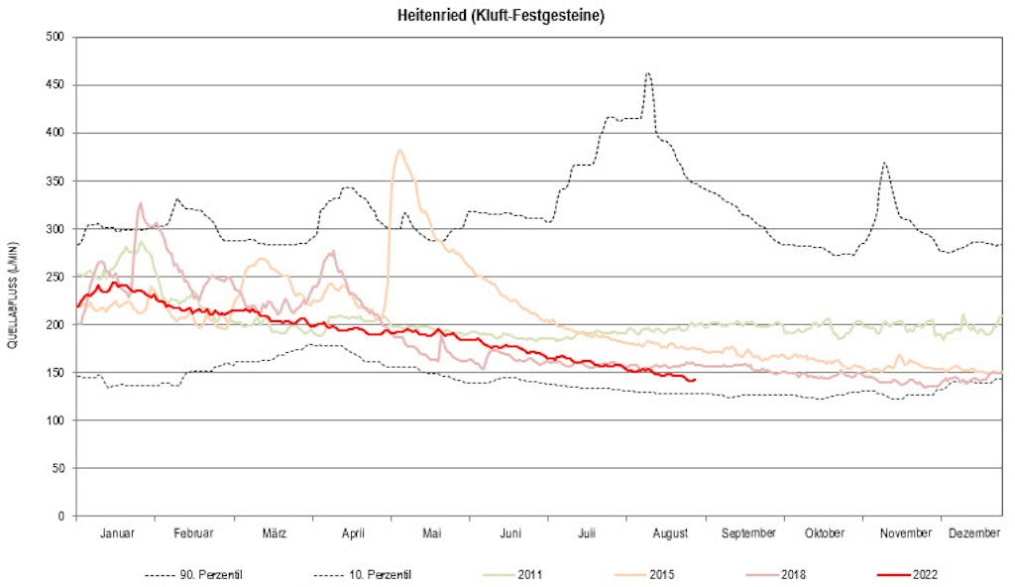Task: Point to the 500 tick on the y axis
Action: pos(56,37)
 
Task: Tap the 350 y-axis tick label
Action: pos(56,181)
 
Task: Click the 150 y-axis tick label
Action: pos(56,373)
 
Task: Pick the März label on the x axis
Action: pos(274,533)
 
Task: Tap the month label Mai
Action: pos(431,533)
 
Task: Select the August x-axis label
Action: pos(670,533)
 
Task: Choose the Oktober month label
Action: pos(825,533)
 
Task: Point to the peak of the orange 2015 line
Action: pos(399,151)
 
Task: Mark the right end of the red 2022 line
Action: pos(696,380)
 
